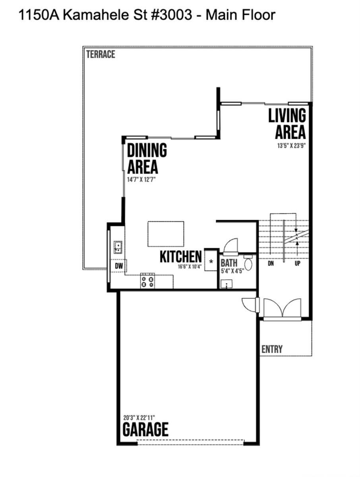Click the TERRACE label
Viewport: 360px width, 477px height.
(101, 54)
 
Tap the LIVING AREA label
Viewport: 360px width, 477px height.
(287, 124)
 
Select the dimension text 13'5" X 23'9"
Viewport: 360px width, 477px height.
(291, 145)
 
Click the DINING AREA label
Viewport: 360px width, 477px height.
(147, 158)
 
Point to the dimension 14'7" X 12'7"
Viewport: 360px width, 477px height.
(141, 180)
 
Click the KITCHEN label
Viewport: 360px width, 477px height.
(181, 257)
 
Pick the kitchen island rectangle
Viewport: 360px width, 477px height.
(166, 234)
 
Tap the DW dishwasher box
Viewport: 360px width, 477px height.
(119, 266)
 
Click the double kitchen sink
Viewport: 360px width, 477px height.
(118, 247)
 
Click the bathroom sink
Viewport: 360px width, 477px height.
(226, 283)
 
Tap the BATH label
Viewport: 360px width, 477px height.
(229, 263)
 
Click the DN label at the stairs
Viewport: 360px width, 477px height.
(271, 264)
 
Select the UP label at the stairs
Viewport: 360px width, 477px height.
(297, 264)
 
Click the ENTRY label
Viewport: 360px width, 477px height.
(272, 349)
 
